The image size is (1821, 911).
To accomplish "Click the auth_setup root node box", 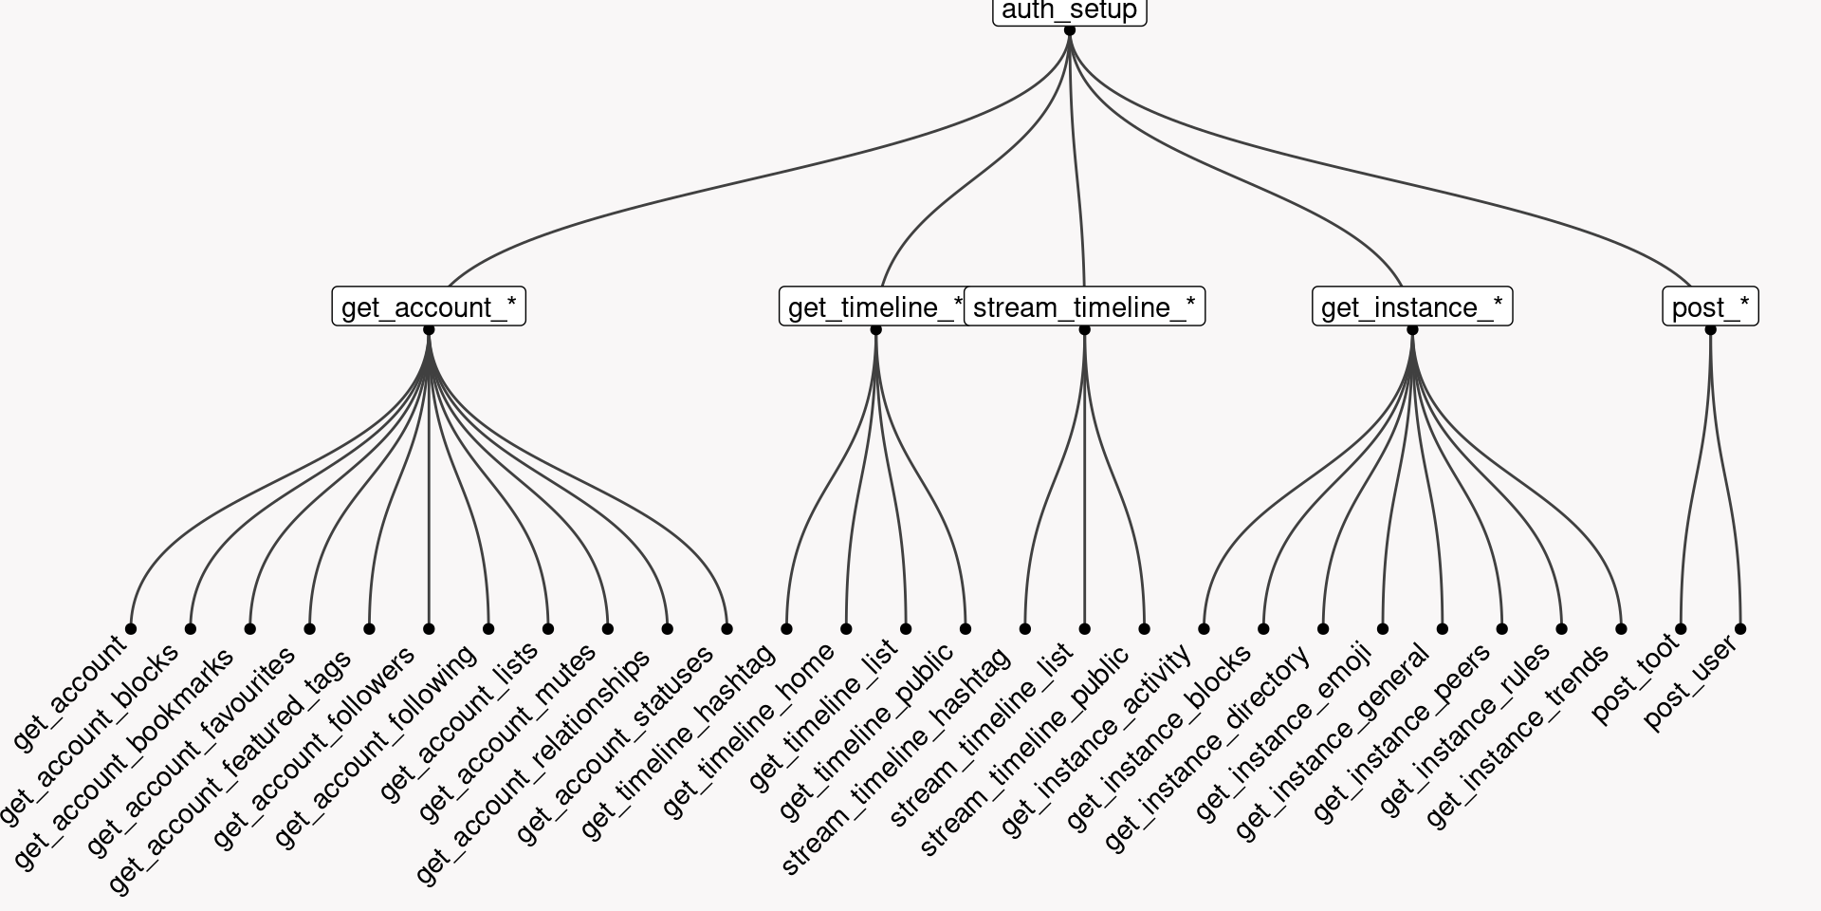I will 1069,11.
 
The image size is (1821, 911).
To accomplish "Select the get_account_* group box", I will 429,307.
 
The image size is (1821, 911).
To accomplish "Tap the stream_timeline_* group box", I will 1084,307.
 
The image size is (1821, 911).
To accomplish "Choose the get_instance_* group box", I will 1411,307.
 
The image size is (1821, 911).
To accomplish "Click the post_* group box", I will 1710,307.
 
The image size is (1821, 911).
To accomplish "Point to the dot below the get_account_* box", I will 429,330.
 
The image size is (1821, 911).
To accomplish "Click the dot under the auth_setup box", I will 1070,30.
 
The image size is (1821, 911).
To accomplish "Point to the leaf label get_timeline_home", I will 749,729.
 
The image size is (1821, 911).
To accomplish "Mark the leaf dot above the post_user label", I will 1740,628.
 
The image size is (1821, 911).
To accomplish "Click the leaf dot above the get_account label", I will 131,628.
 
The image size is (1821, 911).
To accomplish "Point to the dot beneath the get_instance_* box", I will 1412,330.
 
